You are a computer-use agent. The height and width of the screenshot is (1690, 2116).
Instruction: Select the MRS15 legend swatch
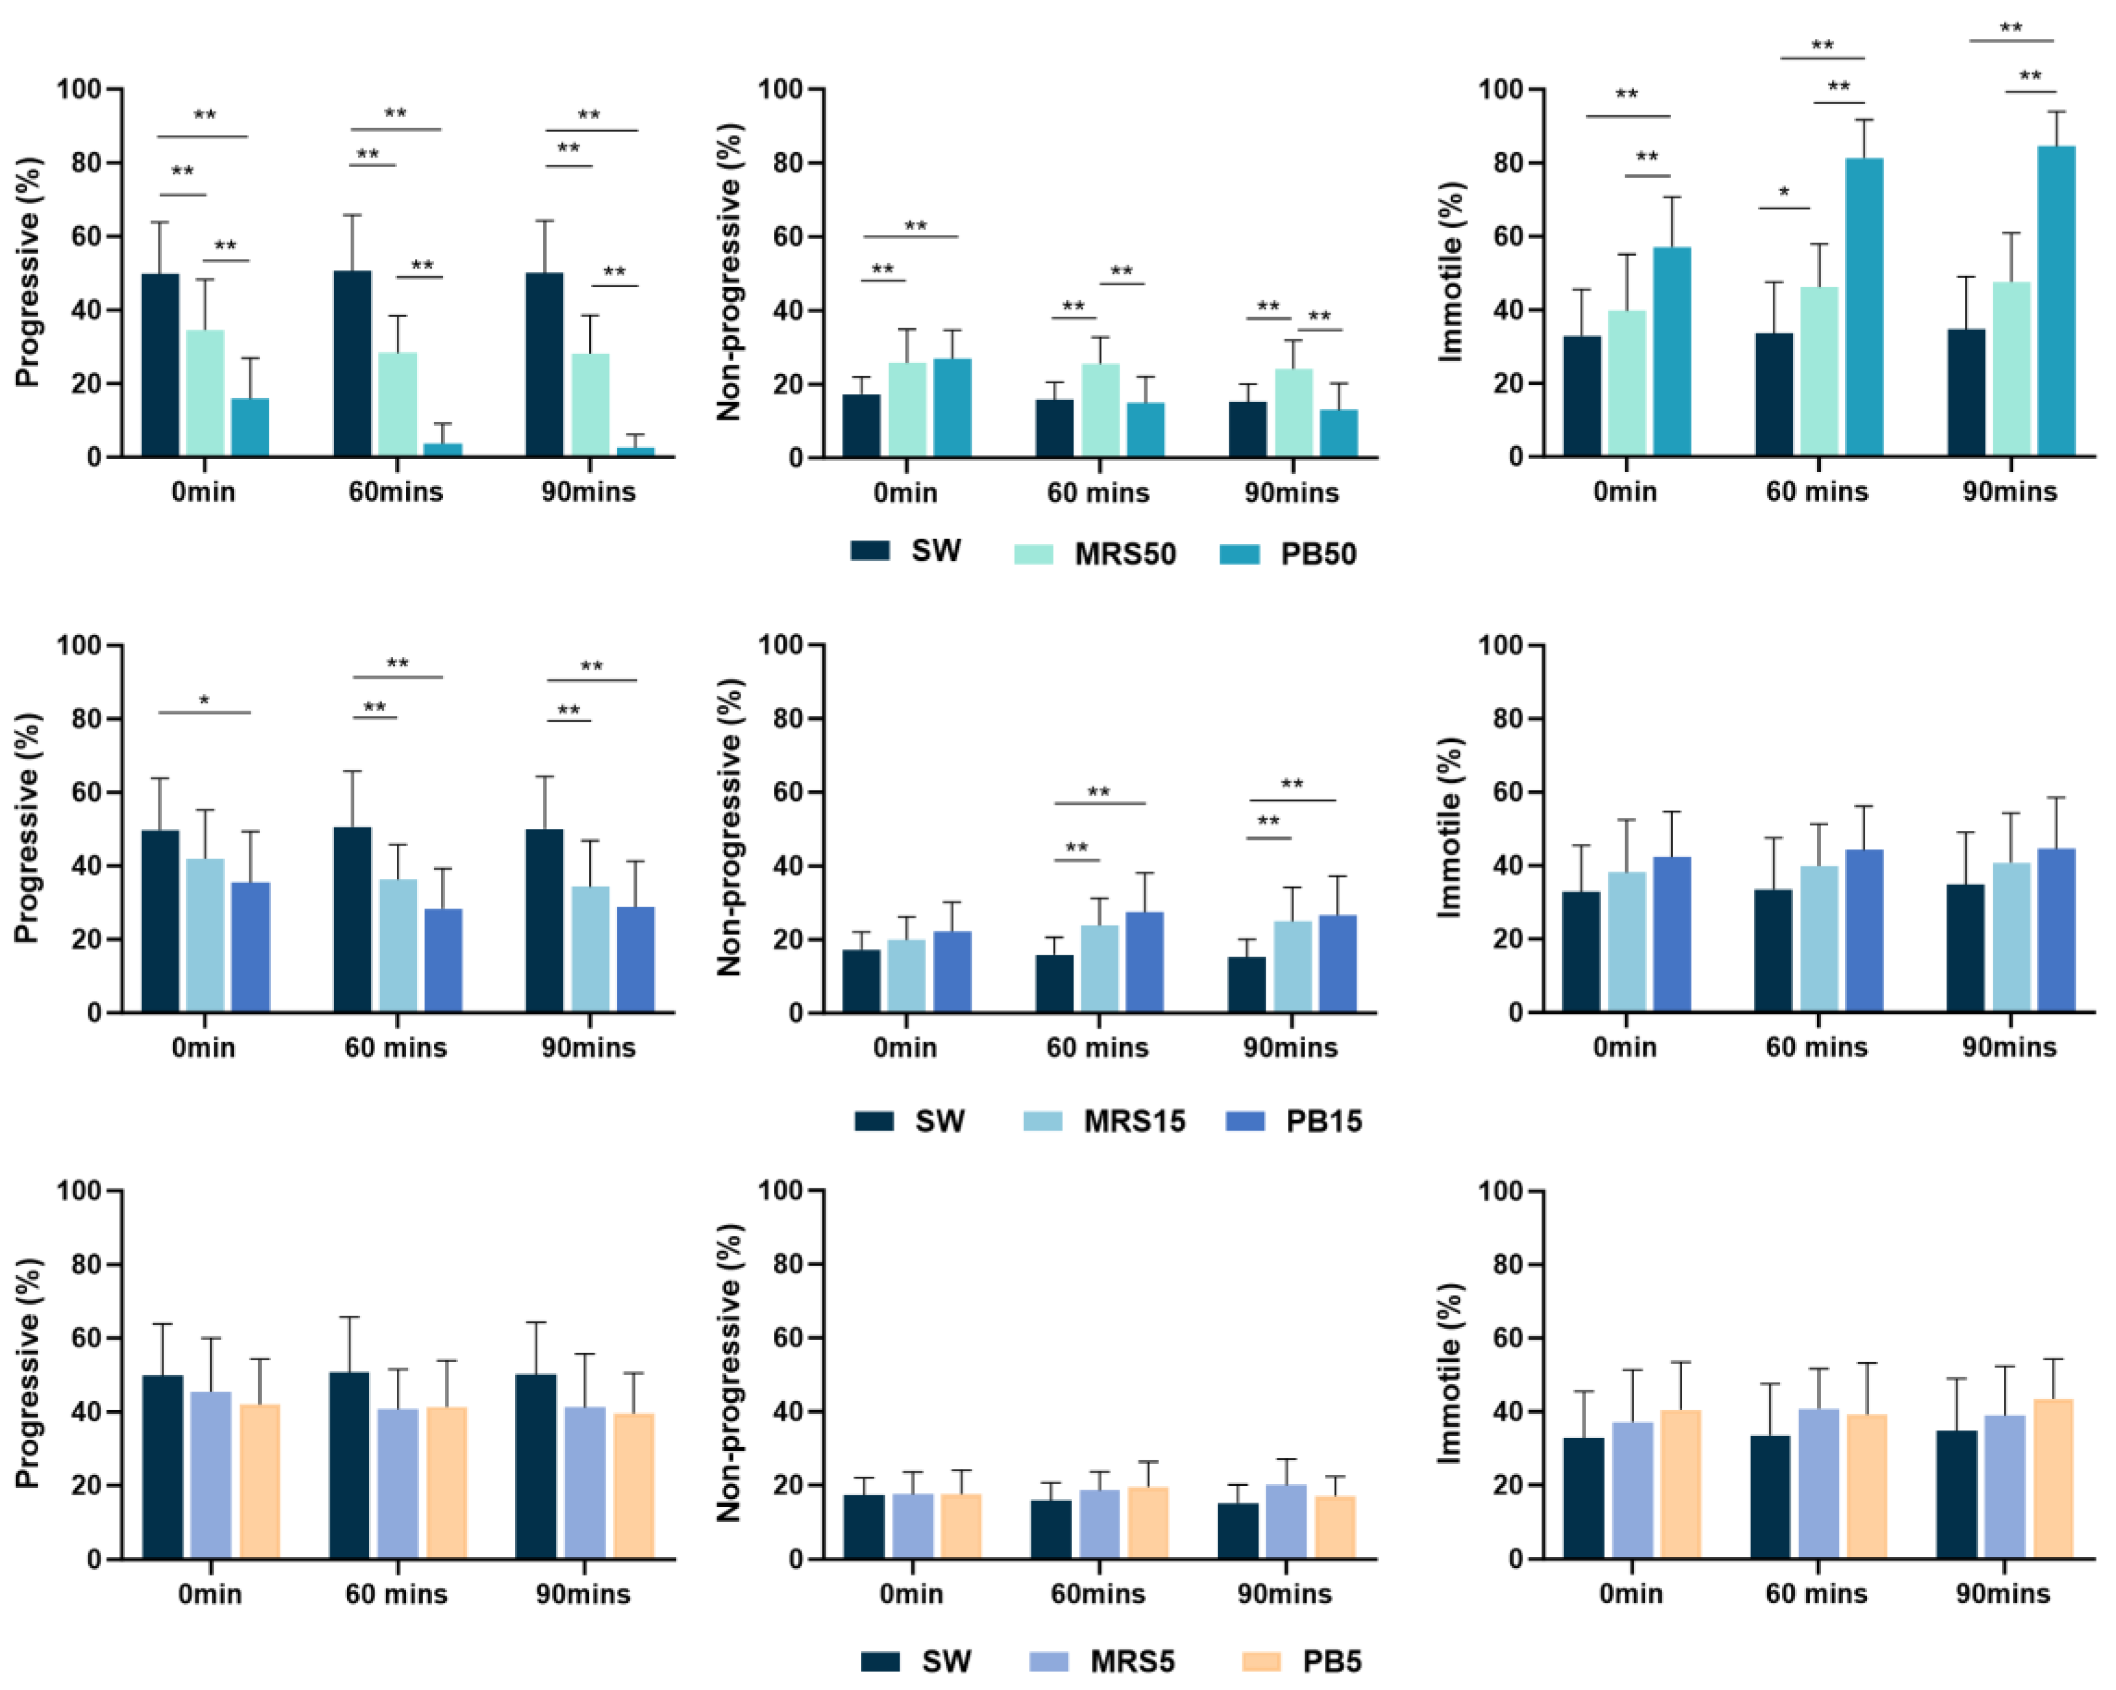[1043, 1121]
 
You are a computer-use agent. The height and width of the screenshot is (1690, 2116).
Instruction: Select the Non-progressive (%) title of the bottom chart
[728, 1373]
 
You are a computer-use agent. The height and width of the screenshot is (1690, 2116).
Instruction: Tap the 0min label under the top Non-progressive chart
[905, 492]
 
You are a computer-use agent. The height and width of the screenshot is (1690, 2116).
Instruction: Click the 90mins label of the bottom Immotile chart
[2003, 1594]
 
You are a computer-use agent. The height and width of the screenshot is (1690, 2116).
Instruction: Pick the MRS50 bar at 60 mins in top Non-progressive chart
[1100, 410]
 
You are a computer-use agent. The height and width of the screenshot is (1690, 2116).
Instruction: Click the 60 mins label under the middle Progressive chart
[396, 1048]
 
